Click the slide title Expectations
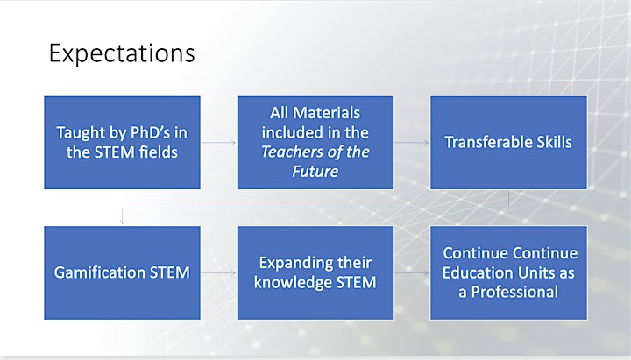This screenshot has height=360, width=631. click(x=122, y=53)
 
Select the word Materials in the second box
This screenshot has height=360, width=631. click(x=326, y=113)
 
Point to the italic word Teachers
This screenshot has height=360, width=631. click(x=287, y=152)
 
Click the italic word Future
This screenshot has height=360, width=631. click(x=315, y=172)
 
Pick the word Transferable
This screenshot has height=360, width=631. click(x=483, y=142)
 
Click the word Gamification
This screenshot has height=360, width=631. click(x=99, y=272)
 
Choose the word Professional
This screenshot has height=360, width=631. click(x=514, y=292)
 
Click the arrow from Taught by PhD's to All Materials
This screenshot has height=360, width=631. click(x=218, y=143)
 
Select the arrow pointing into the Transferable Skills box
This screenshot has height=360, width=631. click(x=412, y=143)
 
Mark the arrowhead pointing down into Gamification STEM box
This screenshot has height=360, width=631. click(x=122, y=222)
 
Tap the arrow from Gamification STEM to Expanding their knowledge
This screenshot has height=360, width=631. click(x=218, y=272)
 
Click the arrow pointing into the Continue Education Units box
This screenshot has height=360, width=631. click(x=412, y=272)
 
